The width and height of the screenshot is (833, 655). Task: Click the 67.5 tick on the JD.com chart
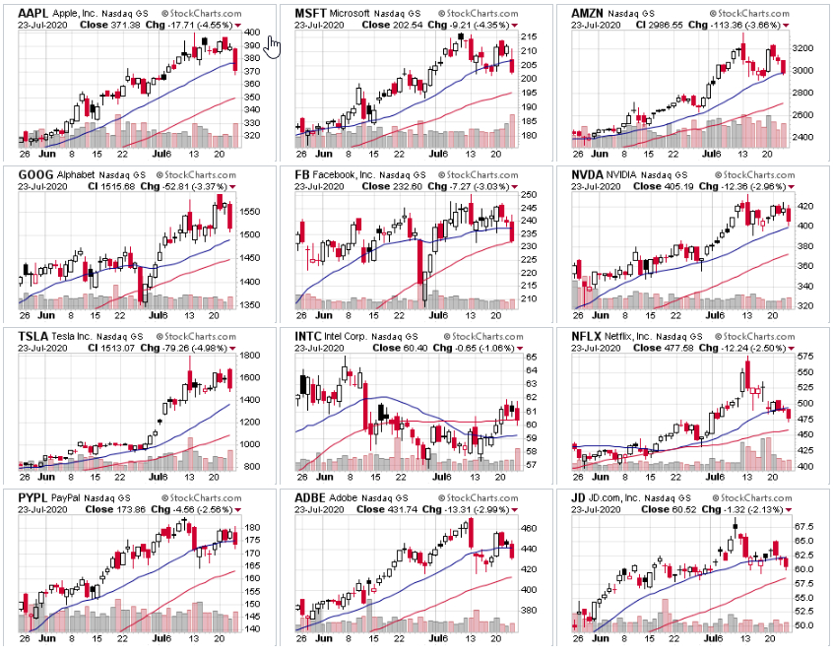click(802, 527)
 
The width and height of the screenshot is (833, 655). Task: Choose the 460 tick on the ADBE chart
click(528, 528)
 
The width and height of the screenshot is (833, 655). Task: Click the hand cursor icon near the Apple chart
click(273, 45)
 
